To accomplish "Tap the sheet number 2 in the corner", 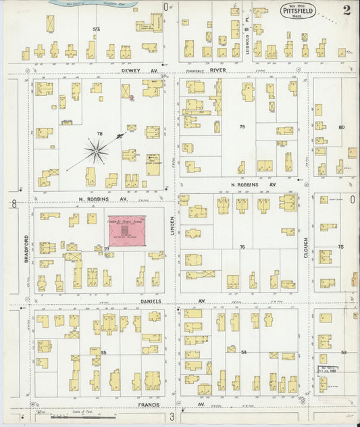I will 346,9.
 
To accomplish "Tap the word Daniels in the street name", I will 151,301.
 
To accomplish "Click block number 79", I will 241,126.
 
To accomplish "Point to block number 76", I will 241,247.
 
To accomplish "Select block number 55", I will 103,352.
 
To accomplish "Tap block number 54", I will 244,352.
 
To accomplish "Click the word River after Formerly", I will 217,70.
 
